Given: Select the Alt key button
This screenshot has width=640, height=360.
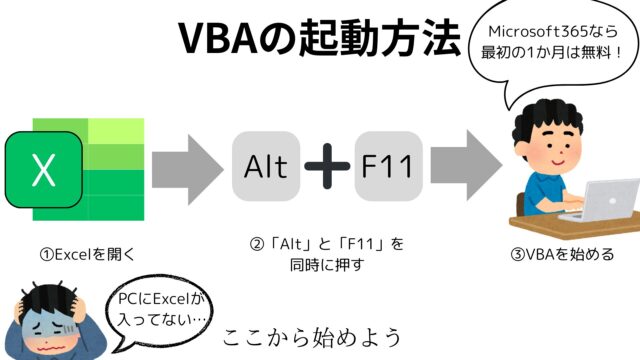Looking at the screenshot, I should (266, 166).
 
